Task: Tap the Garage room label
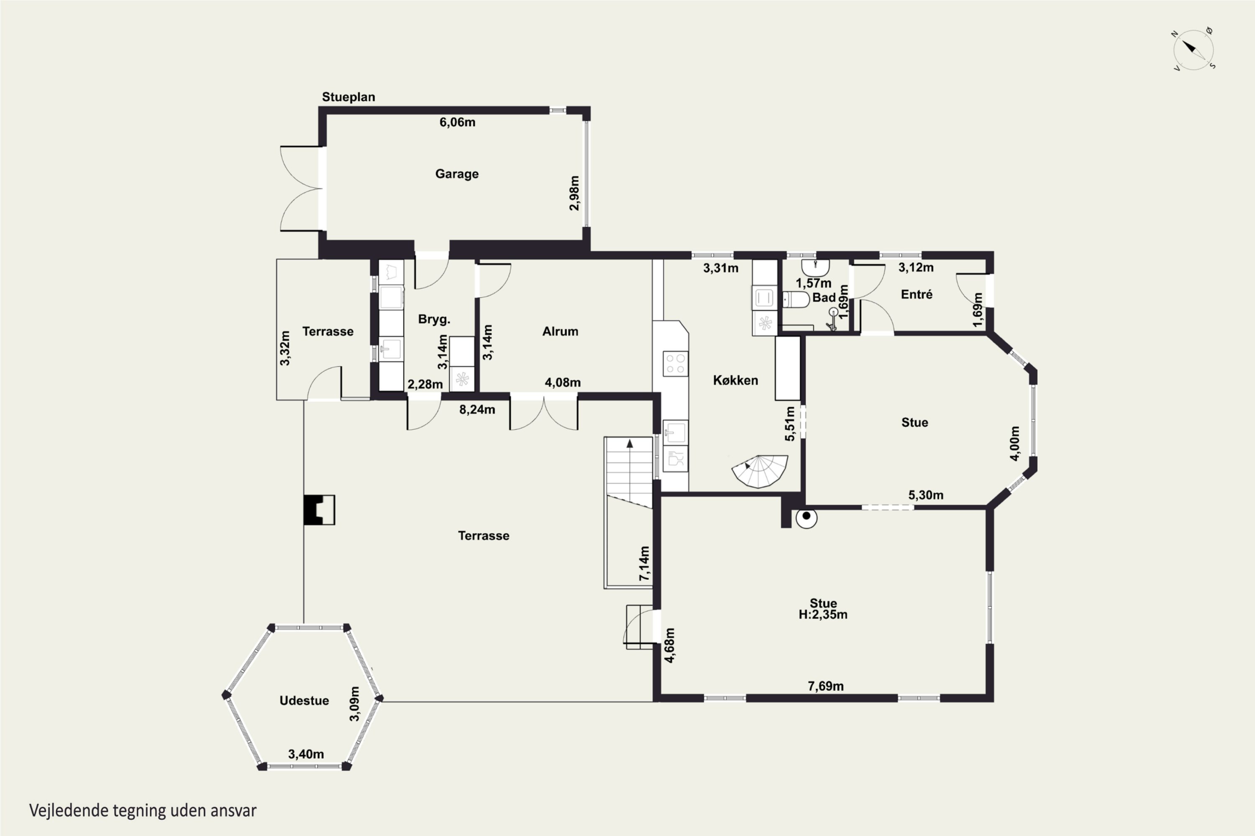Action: coord(457,174)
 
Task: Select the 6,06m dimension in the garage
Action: coord(457,122)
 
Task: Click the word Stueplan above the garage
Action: coord(348,97)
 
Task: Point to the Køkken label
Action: coord(735,380)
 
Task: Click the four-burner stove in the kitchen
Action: coord(676,364)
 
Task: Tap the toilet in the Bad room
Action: coord(796,300)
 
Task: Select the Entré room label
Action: coord(917,294)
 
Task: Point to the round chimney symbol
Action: coord(806,517)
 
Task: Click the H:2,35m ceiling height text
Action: coord(823,615)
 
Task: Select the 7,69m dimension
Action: coord(825,686)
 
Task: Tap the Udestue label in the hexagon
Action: coord(304,701)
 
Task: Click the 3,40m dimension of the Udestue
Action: coord(306,754)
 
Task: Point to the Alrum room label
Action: coord(560,331)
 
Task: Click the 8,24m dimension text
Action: coord(477,410)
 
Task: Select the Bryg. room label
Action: coord(434,319)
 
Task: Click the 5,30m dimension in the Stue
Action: coord(926,495)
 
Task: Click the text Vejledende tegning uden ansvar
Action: coord(143,811)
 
